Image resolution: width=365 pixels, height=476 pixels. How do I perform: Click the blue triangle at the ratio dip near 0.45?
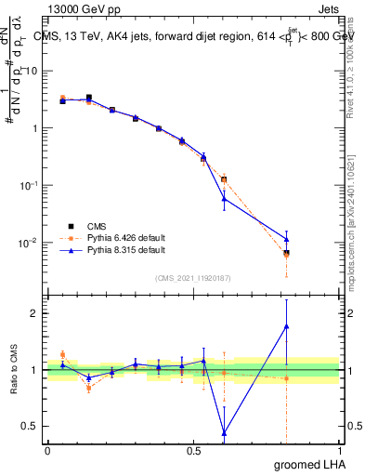pos(224,432)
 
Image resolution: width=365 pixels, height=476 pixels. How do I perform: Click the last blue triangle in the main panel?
pos(286,239)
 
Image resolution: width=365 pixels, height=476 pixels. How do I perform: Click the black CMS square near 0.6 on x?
pos(224,179)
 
